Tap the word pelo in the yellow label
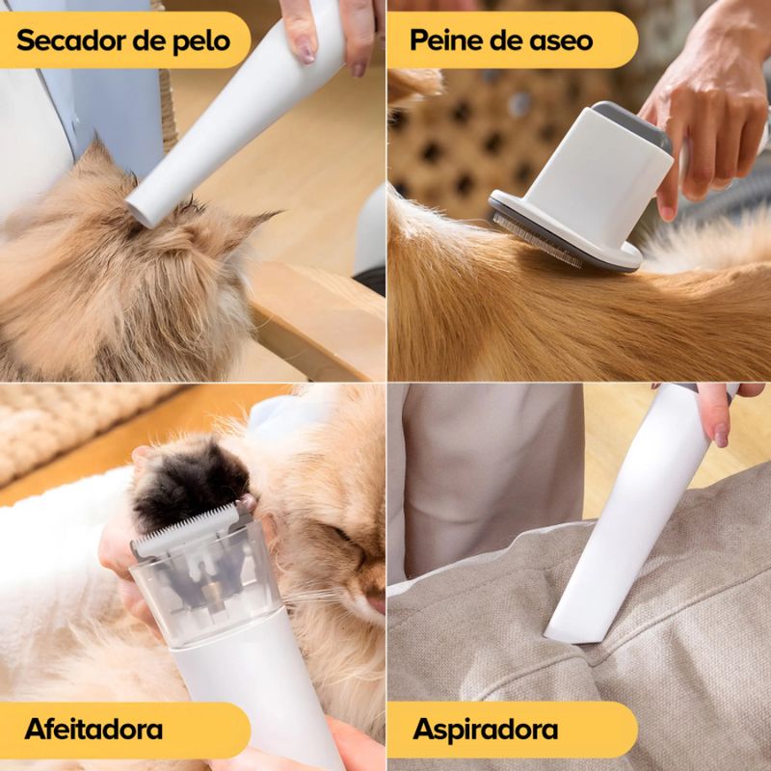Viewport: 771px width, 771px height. point(201,41)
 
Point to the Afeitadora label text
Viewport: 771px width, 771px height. point(93,729)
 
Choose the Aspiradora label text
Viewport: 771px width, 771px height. point(486,730)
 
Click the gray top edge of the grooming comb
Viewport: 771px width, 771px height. point(634,123)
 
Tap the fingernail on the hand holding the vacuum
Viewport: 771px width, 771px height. point(721,435)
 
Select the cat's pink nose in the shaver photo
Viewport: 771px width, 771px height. point(376,604)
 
